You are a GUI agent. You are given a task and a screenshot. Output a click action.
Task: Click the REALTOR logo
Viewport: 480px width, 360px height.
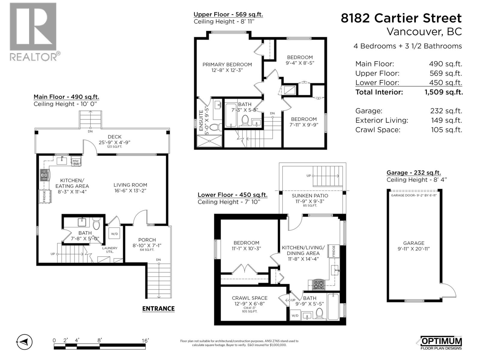[x=33, y=31]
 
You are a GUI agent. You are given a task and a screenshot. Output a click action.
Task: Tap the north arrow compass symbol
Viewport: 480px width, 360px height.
[x=25, y=342]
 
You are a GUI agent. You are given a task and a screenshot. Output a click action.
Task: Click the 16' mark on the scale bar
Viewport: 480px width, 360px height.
[x=145, y=341]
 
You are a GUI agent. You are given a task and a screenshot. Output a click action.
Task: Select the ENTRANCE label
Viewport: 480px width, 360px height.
[x=158, y=309]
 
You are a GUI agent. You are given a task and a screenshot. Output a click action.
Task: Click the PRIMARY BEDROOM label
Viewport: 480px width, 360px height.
[x=227, y=64]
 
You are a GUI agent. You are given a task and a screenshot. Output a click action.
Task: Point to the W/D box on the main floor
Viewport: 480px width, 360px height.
[x=114, y=233]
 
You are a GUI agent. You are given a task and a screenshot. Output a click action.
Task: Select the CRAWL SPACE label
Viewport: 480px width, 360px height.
[x=249, y=298]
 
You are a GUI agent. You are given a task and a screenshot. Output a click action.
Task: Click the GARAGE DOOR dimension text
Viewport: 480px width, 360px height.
[x=414, y=195]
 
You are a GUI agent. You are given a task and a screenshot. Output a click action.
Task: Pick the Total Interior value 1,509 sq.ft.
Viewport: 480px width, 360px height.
[x=443, y=92]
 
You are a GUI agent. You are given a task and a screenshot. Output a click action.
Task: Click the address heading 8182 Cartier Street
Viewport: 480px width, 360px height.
[x=401, y=18]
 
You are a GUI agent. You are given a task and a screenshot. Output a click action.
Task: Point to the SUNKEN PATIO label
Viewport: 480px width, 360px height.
[x=310, y=196]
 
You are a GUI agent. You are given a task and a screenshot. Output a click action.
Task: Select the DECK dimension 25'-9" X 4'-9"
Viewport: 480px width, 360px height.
[x=114, y=142]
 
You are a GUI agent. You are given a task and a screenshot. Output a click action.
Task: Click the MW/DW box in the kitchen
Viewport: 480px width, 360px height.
[x=76, y=162]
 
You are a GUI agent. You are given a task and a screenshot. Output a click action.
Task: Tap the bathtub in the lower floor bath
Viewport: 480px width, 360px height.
[x=333, y=306]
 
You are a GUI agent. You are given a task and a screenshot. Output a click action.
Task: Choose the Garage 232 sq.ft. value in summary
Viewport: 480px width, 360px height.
[x=446, y=111]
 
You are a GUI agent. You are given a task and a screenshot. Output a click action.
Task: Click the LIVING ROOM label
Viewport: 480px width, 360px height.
[x=130, y=185]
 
